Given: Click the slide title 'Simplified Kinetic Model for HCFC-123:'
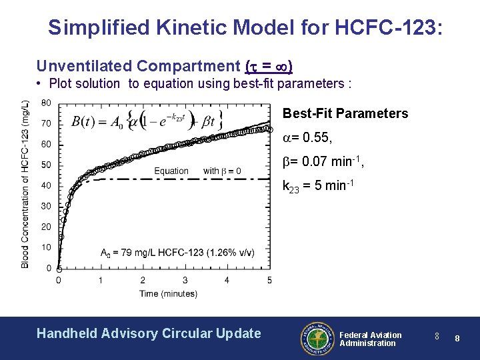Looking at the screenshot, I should (x=244, y=27).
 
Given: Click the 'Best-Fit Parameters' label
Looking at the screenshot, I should (x=345, y=113).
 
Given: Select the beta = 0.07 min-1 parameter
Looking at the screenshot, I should (x=323, y=161).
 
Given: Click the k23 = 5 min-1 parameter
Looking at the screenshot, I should (x=316, y=186).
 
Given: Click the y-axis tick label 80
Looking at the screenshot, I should (x=46, y=103).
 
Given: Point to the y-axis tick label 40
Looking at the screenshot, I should (x=46, y=185).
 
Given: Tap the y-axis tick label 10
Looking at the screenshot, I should (x=46, y=247).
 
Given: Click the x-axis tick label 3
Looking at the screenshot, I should (x=185, y=280).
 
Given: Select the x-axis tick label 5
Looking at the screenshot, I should (x=269, y=280).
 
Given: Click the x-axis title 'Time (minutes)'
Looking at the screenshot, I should (x=168, y=293).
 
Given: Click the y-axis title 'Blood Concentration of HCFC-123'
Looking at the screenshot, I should (x=25, y=184).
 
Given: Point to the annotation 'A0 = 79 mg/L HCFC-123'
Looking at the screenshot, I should (x=177, y=252).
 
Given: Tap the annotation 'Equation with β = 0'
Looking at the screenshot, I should (x=197, y=171).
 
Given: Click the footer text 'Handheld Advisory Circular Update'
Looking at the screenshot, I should (x=149, y=333).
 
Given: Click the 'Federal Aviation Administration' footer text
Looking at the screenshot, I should (x=371, y=339).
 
